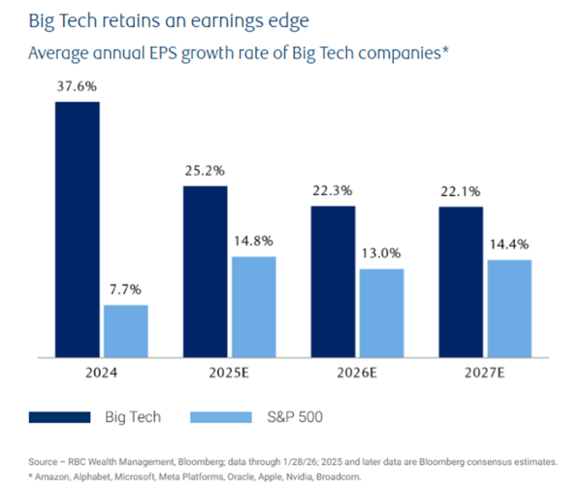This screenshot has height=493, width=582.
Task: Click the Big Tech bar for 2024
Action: pyautogui.click(x=77, y=229)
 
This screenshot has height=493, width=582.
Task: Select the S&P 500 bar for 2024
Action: pyautogui.click(x=125, y=331)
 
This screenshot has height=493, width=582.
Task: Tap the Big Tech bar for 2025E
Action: pyautogui.click(x=205, y=271)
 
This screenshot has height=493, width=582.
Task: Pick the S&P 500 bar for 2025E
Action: pyautogui.click(x=254, y=307)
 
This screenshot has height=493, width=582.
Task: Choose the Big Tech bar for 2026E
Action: pyautogui.click(x=333, y=281)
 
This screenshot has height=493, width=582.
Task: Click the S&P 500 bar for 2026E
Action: pyautogui.click(x=381, y=312)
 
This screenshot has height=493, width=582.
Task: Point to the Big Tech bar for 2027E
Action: pyautogui.click(x=460, y=281)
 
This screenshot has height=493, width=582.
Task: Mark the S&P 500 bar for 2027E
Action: pyautogui.click(x=508, y=308)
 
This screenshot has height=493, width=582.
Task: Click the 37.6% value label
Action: pyautogui.click(x=76, y=86)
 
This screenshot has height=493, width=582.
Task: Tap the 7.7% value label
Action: pyautogui.click(x=125, y=289)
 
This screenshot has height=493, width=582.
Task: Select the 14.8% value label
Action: pyautogui.click(x=254, y=241)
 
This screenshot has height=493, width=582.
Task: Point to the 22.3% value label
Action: pyautogui.click(x=333, y=190)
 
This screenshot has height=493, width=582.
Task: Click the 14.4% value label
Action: pyautogui.click(x=508, y=245)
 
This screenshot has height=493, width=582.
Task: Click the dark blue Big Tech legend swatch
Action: pyautogui.click(x=59, y=417)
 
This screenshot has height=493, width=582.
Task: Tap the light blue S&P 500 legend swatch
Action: pyautogui.click(x=224, y=417)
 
